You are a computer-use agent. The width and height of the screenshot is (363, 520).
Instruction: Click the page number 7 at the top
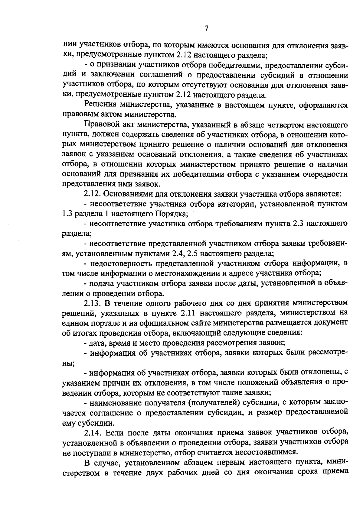(x=206, y=28)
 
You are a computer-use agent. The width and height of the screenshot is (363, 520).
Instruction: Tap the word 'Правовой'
(x=100, y=125)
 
